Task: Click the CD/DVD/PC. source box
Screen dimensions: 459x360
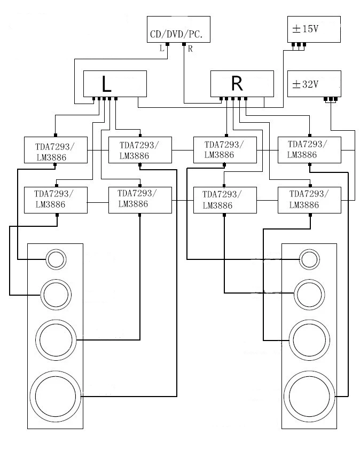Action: (178, 30)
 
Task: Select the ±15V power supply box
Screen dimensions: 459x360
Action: (314, 30)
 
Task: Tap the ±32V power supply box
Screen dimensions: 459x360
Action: (314, 84)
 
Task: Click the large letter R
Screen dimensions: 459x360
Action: (237, 83)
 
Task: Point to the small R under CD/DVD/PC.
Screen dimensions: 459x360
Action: (190, 49)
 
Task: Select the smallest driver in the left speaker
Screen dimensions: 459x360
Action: (55, 259)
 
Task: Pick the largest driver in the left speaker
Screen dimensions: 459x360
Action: (55, 397)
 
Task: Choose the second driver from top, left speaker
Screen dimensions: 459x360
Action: (55, 294)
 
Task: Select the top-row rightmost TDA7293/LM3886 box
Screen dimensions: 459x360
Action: (309, 149)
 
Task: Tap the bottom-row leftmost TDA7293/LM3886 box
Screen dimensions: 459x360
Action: (56, 200)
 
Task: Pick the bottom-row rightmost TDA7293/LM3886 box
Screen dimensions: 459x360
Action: (309, 200)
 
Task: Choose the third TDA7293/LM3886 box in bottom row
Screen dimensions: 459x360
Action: (224, 200)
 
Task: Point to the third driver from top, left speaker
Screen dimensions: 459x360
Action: (55, 339)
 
